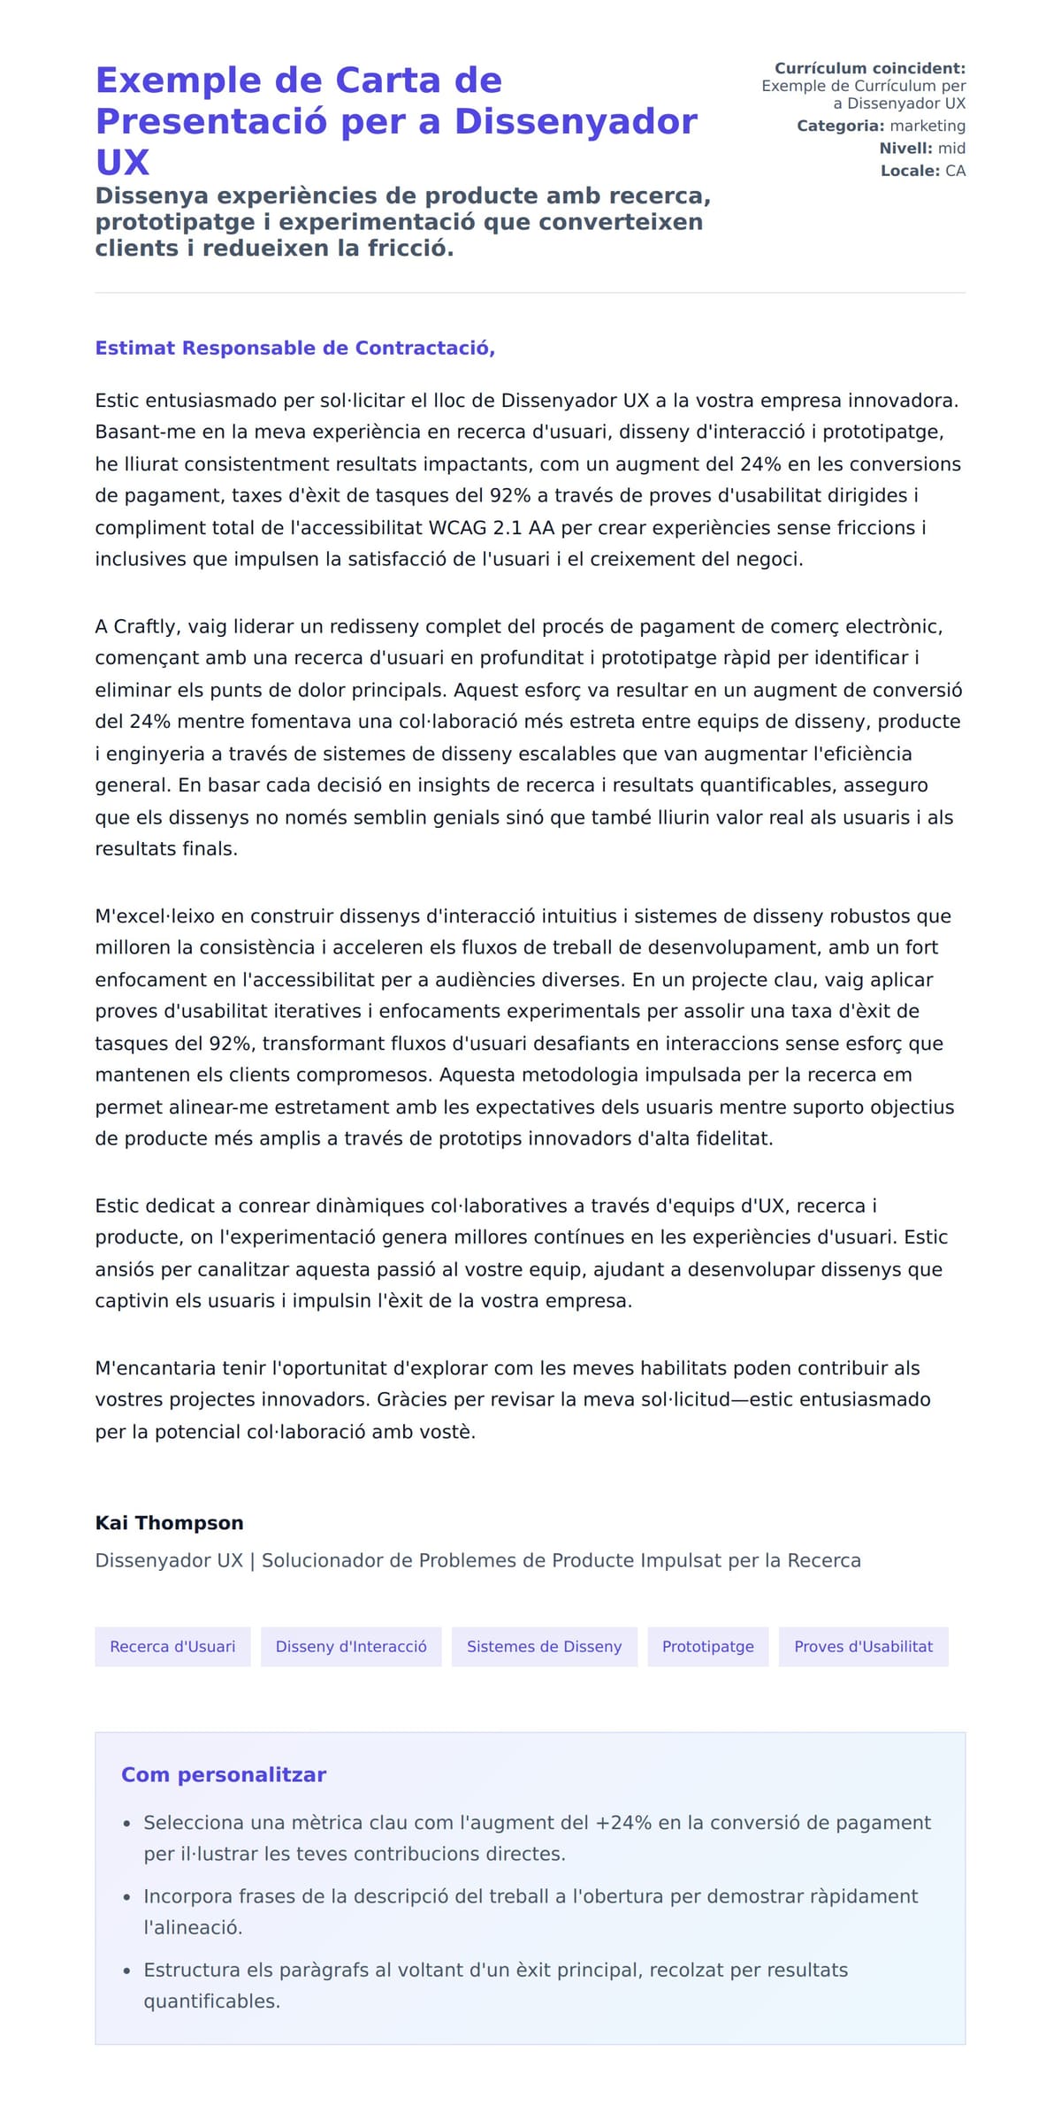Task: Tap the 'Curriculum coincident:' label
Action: pyautogui.click(x=869, y=68)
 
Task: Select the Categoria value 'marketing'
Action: pyautogui.click(x=927, y=126)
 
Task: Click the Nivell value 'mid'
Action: pyautogui.click(x=951, y=149)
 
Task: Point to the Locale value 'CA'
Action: pyautogui.click(x=955, y=171)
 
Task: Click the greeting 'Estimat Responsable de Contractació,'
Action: pyautogui.click(x=294, y=348)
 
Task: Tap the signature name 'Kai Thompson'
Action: pyautogui.click(x=169, y=1522)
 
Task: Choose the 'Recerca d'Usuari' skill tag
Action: pyautogui.click(x=172, y=1646)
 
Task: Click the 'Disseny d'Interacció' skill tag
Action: pyautogui.click(x=351, y=1646)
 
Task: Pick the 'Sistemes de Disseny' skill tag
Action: pyautogui.click(x=544, y=1646)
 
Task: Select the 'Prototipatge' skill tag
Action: pyautogui.click(x=707, y=1646)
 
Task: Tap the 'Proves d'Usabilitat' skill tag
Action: pyautogui.click(x=863, y=1646)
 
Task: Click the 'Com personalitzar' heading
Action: pyautogui.click(x=224, y=1774)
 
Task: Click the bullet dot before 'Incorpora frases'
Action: pyautogui.click(x=126, y=1897)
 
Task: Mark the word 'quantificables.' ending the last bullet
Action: pyautogui.click(x=211, y=2001)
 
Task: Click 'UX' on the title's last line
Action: pyautogui.click(x=122, y=162)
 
